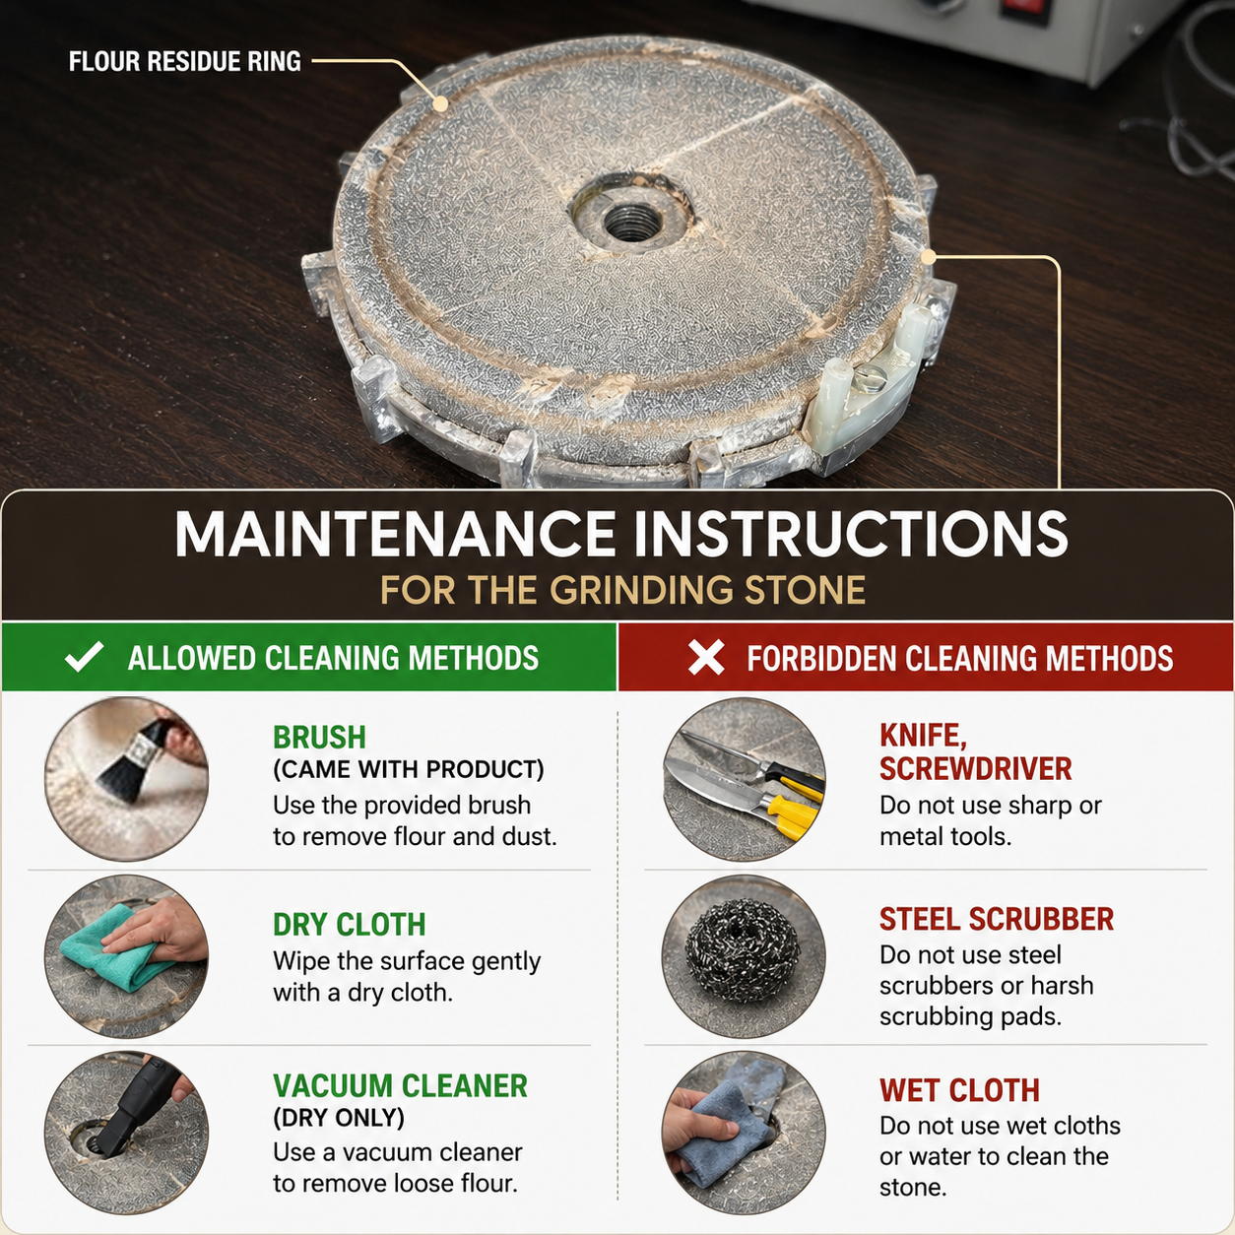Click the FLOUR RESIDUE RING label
(x=184, y=61)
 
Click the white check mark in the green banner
(x=85, y=657)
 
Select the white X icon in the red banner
(x=706, y=658)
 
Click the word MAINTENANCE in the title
(x=395, y=535)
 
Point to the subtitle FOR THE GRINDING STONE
(x=623, y=590)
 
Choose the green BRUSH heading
(x=319, y=737)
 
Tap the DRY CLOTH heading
(x=350, y=924)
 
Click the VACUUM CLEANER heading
(x=400, y=1085)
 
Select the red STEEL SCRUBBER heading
(x=997, y=919)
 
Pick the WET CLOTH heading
(x=959, y=1090)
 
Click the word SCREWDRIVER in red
(x=975, y=769)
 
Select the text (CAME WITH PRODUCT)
(x=409, y=769)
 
